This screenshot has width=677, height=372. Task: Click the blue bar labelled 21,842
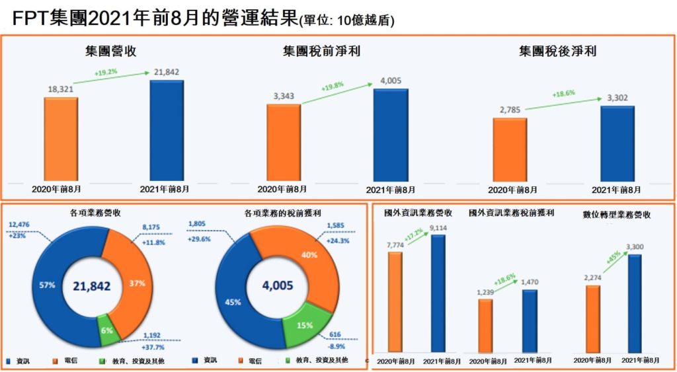pyautogui.click(x=167, y=130)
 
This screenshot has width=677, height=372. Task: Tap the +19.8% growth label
pyautogui.click(x=333, y=87)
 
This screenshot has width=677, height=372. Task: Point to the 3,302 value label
pyautogui.click(x=617, y=98)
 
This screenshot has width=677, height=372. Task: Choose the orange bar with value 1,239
pyautogui.click(x=485, y=325)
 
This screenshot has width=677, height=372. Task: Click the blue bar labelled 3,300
pyautogui.click(x=635, y=303)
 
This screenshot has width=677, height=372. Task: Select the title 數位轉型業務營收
pyautogui.click(x=617, y=215)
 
